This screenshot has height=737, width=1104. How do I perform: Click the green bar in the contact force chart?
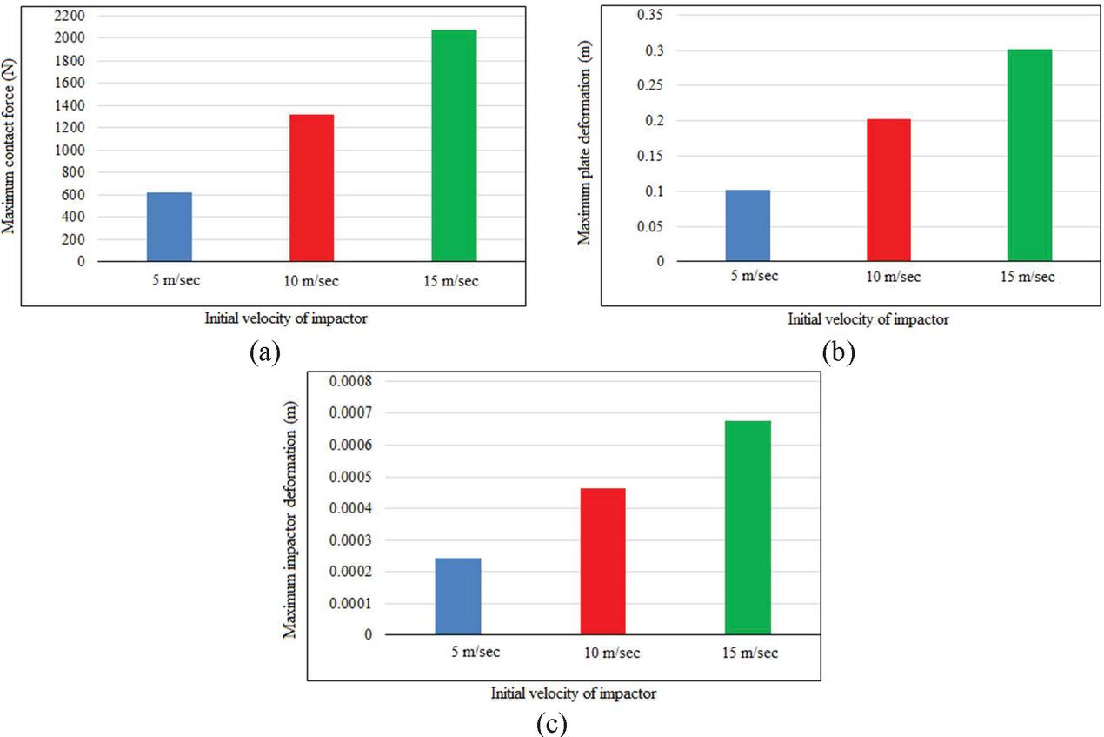click(x=454, y=145)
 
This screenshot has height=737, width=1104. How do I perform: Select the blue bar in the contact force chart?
click(x=170, y=226)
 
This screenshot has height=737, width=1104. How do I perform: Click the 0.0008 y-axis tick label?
click(x=349, y=382)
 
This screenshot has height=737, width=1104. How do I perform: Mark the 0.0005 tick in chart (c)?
click(x=349, y=477)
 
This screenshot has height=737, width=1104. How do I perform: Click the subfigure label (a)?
click(x=264, y=352)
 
